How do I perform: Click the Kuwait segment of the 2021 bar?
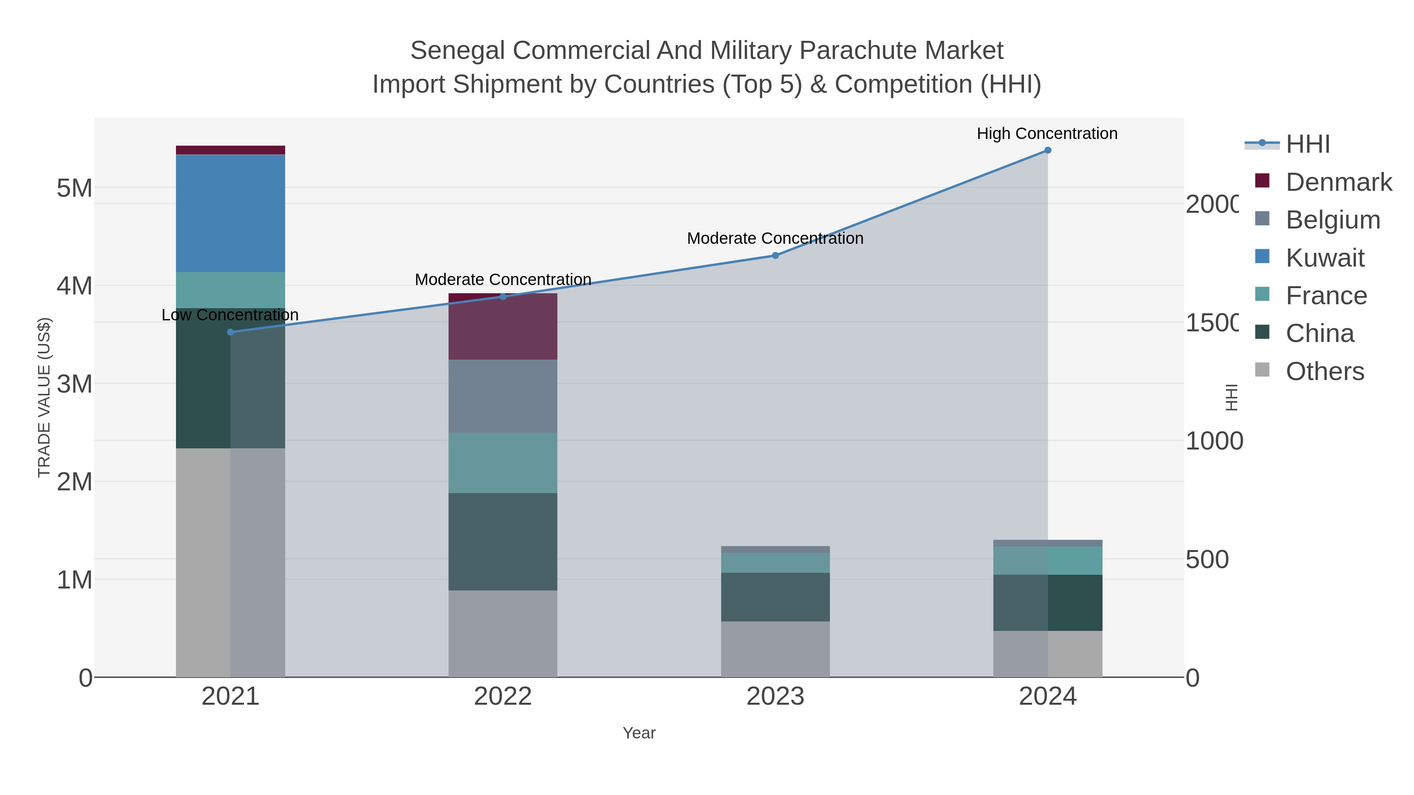230,214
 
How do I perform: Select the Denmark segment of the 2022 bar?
502,327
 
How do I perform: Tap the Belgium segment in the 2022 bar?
502,396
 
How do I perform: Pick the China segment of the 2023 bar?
775,597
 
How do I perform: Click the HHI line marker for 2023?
775,256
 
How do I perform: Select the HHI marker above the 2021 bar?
230,332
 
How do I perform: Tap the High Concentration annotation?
1047,133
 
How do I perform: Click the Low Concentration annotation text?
230,315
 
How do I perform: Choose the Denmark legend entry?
1338,182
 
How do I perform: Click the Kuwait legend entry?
1324,258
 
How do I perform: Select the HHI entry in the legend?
1308,144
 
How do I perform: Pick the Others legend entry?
1324,371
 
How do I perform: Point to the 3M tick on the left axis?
75,384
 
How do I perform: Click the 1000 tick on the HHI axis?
1214,441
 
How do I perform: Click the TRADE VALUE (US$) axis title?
44,397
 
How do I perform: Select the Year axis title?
639,733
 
